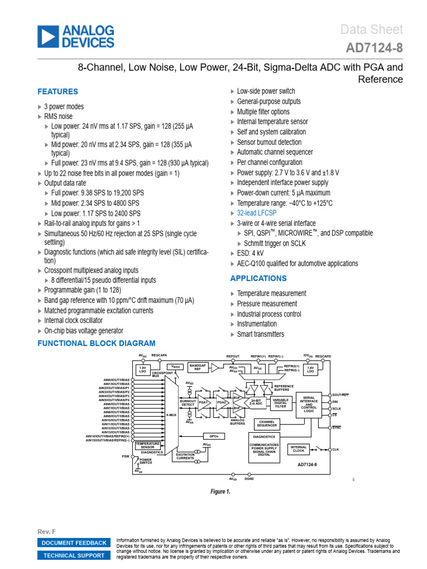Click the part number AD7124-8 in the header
pyautogui.click(x=374, y=49)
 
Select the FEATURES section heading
pyautogui.click(x=57, y=92)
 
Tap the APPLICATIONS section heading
pyautogui.click(x=259, y=278)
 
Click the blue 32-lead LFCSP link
pyautogui.click(x=256, y=213)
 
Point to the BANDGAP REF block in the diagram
pyautogui.click(x=198, y=368)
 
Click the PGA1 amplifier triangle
pyautogui.click(x=204, y=402)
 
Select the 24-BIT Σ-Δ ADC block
pyautogui.click(x=256, y=402)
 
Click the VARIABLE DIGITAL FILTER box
pyautogui.click(x=281, y=403)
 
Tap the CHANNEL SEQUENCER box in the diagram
pyautogui.click(x=267, y=424)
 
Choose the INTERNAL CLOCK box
pyautogui.click(x=299, y=448)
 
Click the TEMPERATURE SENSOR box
pyautogui.click(x=147, y=445)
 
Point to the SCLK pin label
pyautogui.click(x=336, y=408)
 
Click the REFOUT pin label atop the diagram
pyautogui.click(x=232, y=356)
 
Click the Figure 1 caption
pyautogui.click(x=220, y=492)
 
